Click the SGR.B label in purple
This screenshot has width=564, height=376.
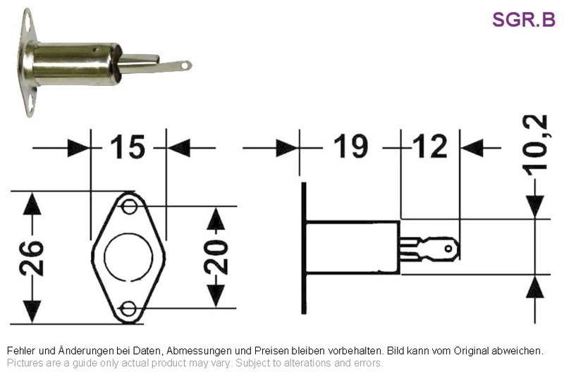(524, 20)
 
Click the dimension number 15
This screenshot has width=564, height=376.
(128, 147)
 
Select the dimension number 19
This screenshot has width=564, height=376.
(350, 146)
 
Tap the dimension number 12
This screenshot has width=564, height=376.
(430, 146)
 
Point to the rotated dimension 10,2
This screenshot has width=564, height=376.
(536, 146)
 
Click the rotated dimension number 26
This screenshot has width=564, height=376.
(31, 258)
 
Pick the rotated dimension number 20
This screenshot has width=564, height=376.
(216, 257)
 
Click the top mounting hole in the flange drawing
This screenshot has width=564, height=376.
(129, 206)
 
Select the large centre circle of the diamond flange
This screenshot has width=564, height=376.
(104, 256)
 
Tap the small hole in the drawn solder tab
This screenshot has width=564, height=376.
(448, 249)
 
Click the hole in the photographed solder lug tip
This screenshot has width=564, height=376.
(185, 65)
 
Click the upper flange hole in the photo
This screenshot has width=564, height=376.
(27, 25)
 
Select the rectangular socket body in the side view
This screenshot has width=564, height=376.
(352, 248)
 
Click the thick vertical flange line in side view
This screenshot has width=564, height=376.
(304, 248)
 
